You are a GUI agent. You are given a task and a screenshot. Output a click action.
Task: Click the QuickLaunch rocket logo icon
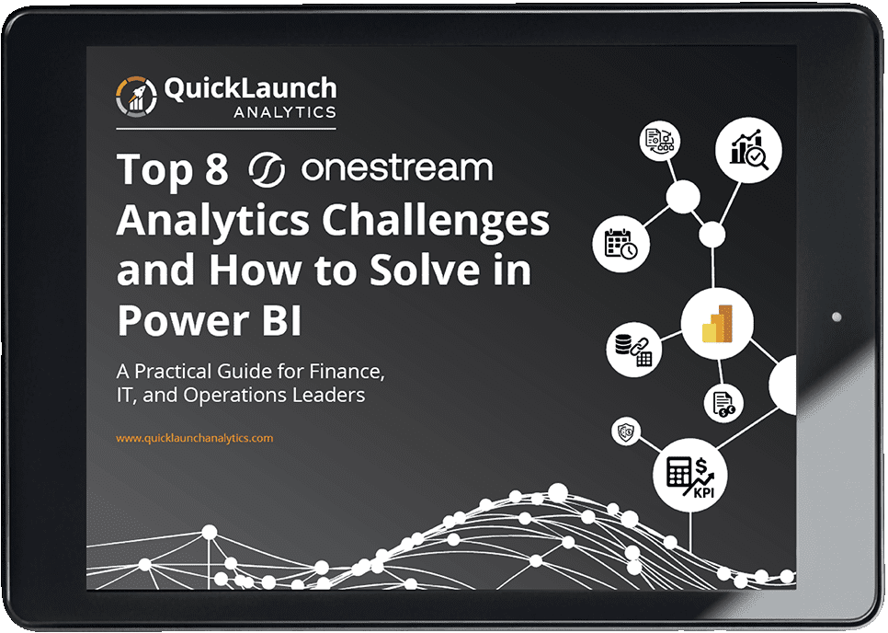pos(136,97)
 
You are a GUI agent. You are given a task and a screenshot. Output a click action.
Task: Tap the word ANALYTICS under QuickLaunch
pos(285,112)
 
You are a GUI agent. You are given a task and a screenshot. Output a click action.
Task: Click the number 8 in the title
pos(216,169)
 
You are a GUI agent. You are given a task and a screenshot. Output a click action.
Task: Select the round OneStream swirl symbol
pos(267,169)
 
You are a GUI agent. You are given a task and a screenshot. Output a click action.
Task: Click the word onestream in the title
pos(397,167)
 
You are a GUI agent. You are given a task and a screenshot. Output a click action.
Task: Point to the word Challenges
pos(436,222)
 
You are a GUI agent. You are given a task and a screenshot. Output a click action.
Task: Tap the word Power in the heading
pos(184,320)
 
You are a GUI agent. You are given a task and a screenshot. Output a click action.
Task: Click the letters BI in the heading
pos(281,320)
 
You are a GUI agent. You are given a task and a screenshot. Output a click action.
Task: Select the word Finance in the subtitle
pos(347,372)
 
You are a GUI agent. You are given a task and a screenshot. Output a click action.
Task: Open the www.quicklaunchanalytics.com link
pos(194,438)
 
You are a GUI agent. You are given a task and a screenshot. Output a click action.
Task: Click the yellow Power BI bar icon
pos(717,324)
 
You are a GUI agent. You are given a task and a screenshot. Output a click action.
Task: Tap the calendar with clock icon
pos(620,244)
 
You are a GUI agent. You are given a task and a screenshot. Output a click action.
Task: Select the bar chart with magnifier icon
pos(748,150)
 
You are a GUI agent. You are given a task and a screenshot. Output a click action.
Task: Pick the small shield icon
pos(626,432)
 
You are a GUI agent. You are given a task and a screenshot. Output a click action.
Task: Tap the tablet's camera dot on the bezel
pos(837,316)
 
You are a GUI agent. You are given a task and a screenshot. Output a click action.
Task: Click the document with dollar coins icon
pos(723,404)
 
